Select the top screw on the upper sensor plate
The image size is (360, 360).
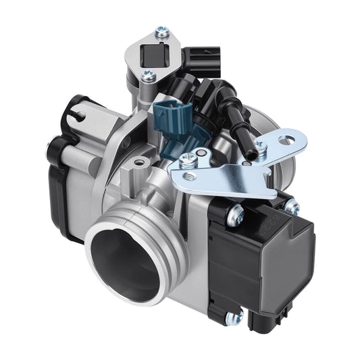click(x=161, y=30)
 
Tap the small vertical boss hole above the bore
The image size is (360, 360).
click(x=139, y=163)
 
